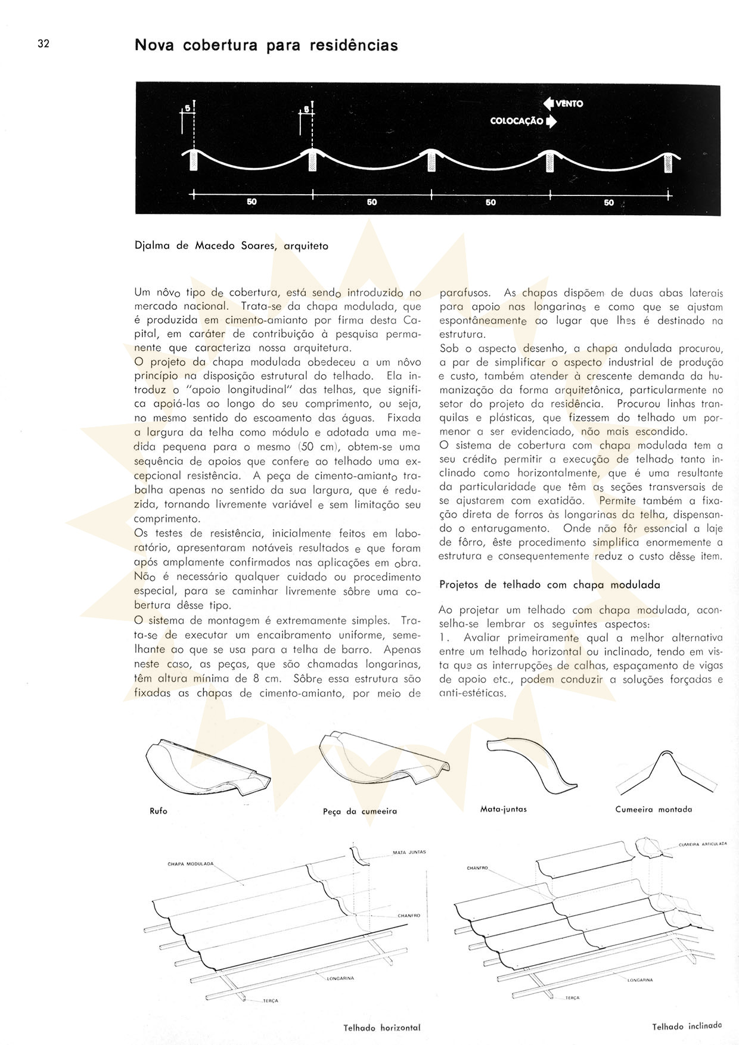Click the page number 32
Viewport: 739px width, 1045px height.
(43, 43)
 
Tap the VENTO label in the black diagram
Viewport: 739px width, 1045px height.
(570, 104)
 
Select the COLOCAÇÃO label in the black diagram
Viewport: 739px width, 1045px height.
(516, 121)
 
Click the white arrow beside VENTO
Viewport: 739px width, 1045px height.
(548, 104)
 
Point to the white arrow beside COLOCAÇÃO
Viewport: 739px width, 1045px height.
(551, 121)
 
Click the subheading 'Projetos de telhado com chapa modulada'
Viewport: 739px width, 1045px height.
(549, 584)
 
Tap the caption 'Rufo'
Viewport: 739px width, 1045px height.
(159, 811)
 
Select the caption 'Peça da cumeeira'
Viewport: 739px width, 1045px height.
(359, 811)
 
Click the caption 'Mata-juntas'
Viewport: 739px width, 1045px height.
(503, 809)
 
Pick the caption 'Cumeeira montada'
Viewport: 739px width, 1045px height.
(654, 809)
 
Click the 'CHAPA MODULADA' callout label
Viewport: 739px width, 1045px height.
(190, 864)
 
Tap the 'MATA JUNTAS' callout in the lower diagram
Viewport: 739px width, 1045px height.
(409, 853)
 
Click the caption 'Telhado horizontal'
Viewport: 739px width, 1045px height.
(381, 1028)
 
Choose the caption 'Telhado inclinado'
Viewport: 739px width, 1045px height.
(687, 1027)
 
